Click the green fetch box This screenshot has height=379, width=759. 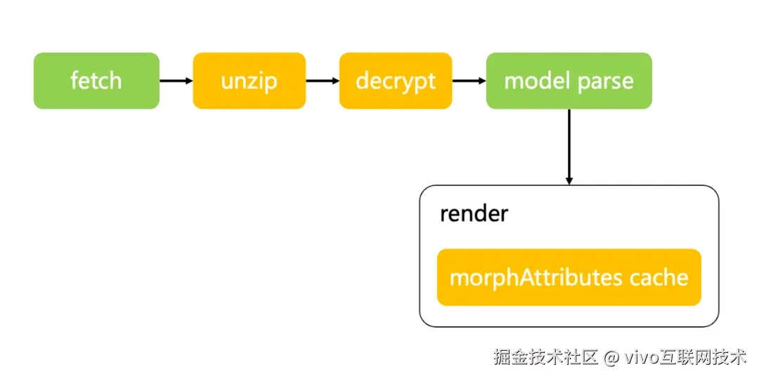[x=96, y=81]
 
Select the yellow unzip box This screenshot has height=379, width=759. [x=249, y=81]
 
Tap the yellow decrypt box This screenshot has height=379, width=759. [x=395, y=81]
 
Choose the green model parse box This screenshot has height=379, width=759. [x=569, y=81]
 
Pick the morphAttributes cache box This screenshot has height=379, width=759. [x=569, y=277]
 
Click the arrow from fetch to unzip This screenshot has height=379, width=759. [x=176, y=81]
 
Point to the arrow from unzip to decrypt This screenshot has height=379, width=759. [x=322, y=81]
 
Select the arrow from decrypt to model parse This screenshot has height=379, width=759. [x=469, y=81]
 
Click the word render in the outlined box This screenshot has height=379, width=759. [x=473, y=213]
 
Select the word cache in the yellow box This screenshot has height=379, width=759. [x=659, y=278]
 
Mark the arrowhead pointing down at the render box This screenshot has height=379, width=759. [x=569, y=180]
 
